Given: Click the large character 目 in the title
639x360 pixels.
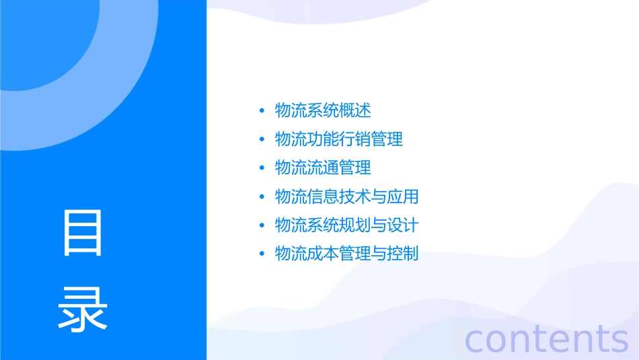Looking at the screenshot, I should (x=83, y=233).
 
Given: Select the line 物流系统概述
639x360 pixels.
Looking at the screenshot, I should (x=323, y=110).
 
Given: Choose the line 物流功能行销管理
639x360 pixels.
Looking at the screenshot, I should (x=339, y=139).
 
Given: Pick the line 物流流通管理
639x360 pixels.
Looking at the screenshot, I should (x=323, y=168).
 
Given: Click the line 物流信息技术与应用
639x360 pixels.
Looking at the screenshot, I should (x=347, y=196).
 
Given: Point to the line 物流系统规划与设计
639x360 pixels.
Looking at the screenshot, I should (x=347, y=225).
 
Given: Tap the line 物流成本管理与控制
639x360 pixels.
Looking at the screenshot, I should (x=347, y=254).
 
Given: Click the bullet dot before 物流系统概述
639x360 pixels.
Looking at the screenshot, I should (x=262, y=111).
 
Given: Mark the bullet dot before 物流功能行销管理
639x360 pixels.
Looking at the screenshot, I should (x=262, y=140).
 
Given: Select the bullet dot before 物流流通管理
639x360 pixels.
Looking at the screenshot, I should (x=262, y=168).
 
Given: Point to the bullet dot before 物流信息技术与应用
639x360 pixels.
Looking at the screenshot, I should (x=262, y=197).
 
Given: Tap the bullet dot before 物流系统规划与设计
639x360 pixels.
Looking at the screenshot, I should (x=262, y=225).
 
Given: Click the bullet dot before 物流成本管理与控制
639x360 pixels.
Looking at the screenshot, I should (x=262, y=254).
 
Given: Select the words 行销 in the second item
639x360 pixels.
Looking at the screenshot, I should (x=355, y=139).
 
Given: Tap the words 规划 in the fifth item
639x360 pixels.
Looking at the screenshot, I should (x=355, y=225).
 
